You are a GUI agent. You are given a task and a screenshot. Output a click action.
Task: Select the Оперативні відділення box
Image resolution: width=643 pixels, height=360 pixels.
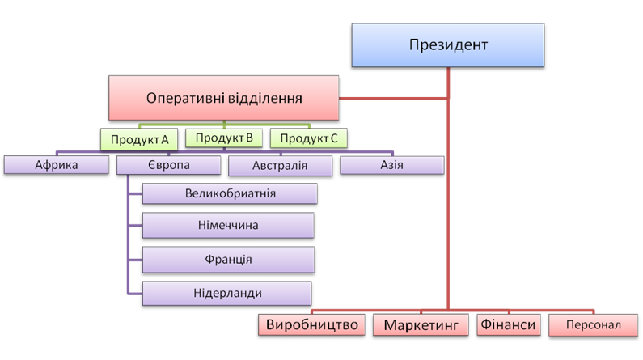click(x=224, y=99)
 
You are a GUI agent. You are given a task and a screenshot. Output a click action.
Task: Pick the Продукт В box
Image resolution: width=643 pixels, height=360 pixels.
click(x=224, y=138)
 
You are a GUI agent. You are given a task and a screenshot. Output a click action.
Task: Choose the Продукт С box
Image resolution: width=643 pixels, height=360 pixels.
click(x=309, y=139)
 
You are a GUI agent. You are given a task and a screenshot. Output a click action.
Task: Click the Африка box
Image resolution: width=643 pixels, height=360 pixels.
click(x=57, y=166)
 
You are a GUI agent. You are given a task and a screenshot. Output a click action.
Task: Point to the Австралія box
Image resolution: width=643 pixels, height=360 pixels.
click(x=279, y=166)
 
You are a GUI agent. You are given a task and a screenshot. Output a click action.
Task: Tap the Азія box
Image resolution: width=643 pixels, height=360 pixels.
click(x=391, y=166)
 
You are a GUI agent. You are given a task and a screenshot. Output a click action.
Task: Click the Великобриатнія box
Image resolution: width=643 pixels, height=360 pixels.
click(x=231, y=195)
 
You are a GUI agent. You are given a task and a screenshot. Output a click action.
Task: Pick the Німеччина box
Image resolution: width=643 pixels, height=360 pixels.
click(x=228, y=226)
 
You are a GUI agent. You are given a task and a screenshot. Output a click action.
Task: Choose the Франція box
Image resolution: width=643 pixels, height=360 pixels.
click(x=229, y=260)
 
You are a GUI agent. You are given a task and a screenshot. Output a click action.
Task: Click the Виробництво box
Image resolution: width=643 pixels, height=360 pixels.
click(x=312, y=324)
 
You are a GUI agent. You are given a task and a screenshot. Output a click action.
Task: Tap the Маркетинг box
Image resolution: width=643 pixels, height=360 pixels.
click(x=421, y=325)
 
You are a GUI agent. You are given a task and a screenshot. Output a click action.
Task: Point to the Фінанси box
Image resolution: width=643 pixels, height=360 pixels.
click(x=508, y=324)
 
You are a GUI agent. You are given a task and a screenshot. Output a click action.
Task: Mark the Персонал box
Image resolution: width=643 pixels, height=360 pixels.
click(x=594, y=325)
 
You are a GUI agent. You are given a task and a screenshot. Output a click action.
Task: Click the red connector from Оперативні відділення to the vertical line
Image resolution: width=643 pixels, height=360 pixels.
click(x=394, y=99)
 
